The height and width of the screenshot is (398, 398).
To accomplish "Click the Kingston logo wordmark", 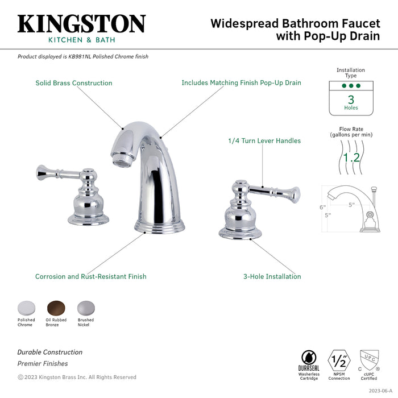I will [x=81, y=24].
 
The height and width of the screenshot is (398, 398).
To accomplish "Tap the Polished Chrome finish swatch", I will [x=26, y=308].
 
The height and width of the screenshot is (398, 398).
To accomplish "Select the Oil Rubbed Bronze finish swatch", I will [x=56, y=308].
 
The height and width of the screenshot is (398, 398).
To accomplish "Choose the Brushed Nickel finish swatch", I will [x=85, y=308].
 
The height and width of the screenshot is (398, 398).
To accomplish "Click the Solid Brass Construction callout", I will [x=74, y=83].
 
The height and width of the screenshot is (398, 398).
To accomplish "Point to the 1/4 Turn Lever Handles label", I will [x=264, y=140].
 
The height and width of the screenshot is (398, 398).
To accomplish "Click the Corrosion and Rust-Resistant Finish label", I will [x=91, y=276].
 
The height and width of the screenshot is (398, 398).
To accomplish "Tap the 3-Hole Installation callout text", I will [x=272, y=276].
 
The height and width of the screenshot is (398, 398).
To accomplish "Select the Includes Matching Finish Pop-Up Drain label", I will [x=241, y=83].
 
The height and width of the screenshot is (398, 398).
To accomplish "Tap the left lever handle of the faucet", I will [x=54, y=172].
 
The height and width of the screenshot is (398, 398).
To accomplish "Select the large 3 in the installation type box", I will [x=351, y=99].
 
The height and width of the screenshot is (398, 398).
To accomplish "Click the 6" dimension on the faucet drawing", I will [x=322, y=207].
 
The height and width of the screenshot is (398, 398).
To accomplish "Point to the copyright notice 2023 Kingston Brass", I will [x=77, y=377].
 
